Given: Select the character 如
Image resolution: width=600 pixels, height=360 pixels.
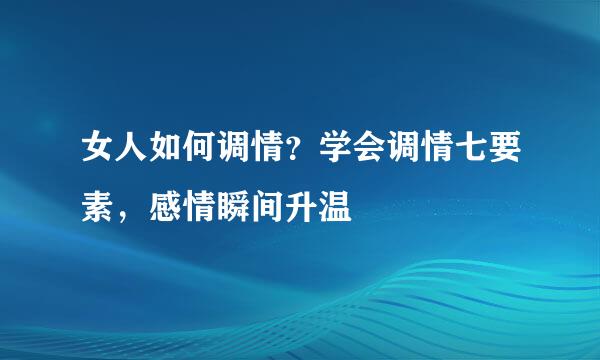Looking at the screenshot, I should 165,152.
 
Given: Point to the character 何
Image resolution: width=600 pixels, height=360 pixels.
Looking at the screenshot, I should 199,152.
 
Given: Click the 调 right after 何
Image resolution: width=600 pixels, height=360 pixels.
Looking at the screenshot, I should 233,152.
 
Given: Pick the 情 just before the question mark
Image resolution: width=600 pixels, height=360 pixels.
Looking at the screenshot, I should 267,152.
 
